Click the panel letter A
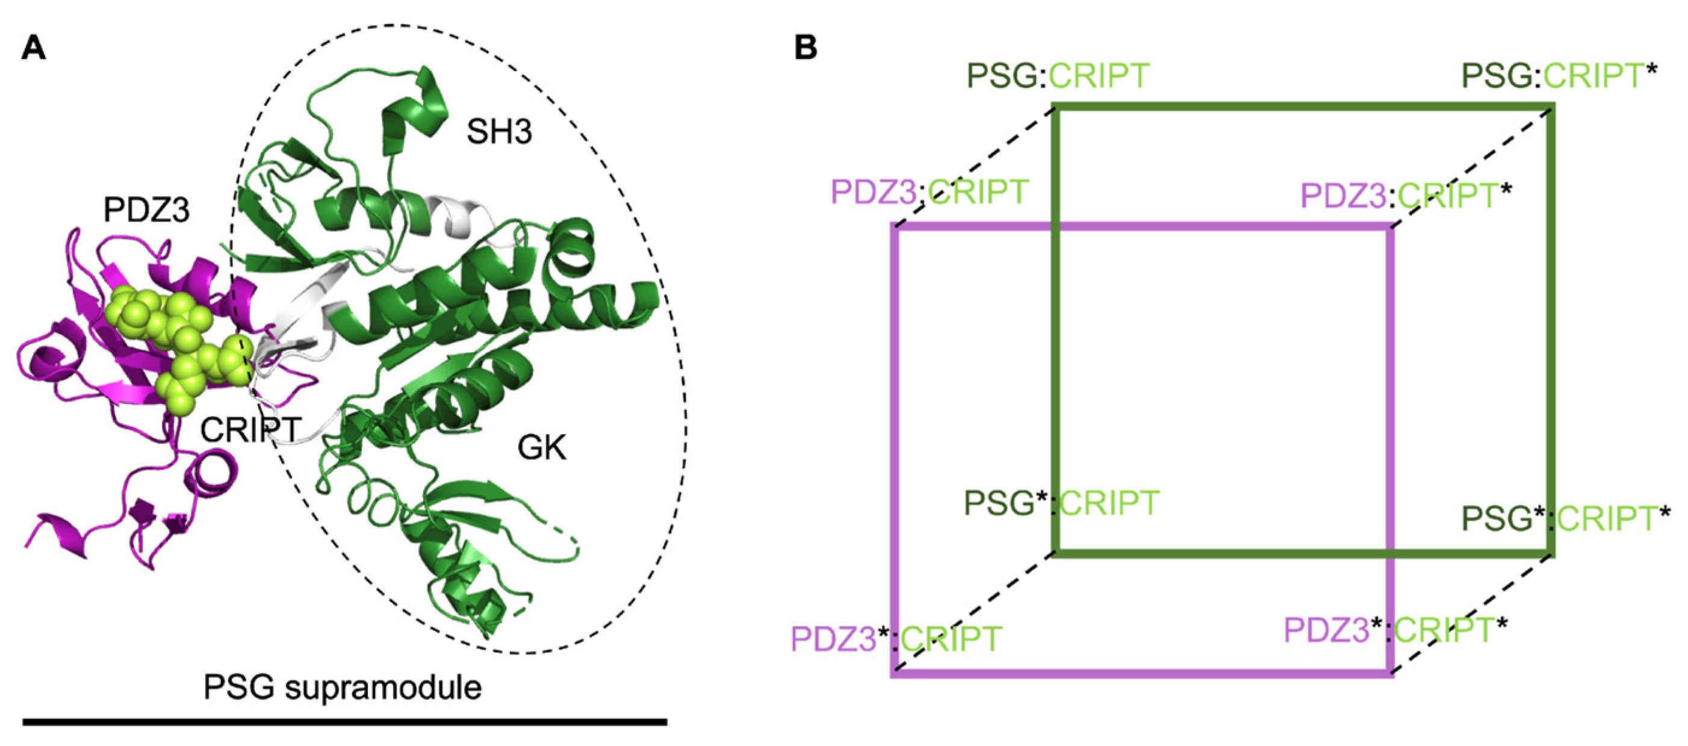[34, 48]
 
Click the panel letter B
[805, 48]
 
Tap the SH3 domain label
[498, 132]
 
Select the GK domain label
[541, 449]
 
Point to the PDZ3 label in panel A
[146, 210]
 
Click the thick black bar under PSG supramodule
[345, 722]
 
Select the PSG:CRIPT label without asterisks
[1058, 76]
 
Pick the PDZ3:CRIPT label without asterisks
[929, 193]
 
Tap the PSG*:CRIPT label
[1061, 503]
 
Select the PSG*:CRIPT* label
[1566, 519]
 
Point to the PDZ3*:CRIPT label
[896, 638]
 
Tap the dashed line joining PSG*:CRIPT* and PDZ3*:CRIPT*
[1472, 614]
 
